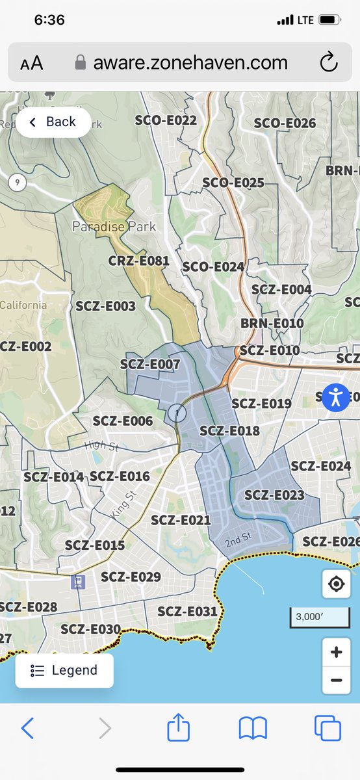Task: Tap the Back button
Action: coord(53,122)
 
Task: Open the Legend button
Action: coord(64,670)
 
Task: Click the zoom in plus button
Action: coord(336,652)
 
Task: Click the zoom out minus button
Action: coord(336,681)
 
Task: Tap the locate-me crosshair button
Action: coord(336,584)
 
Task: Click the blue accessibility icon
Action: coord(336,396)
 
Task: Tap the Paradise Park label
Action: coord(114,227)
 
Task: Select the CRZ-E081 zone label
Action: coord(138,261)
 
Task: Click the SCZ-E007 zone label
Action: coord(150,365)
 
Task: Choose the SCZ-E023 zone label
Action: coord(274,495)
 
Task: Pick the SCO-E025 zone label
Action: coord(233,183)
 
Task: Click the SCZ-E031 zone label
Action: coord(187,611)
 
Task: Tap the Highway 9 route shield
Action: coord(18,182)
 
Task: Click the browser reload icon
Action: coord(329,63)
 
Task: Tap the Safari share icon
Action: coord(178,728)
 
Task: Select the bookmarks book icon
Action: coord(253,728)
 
